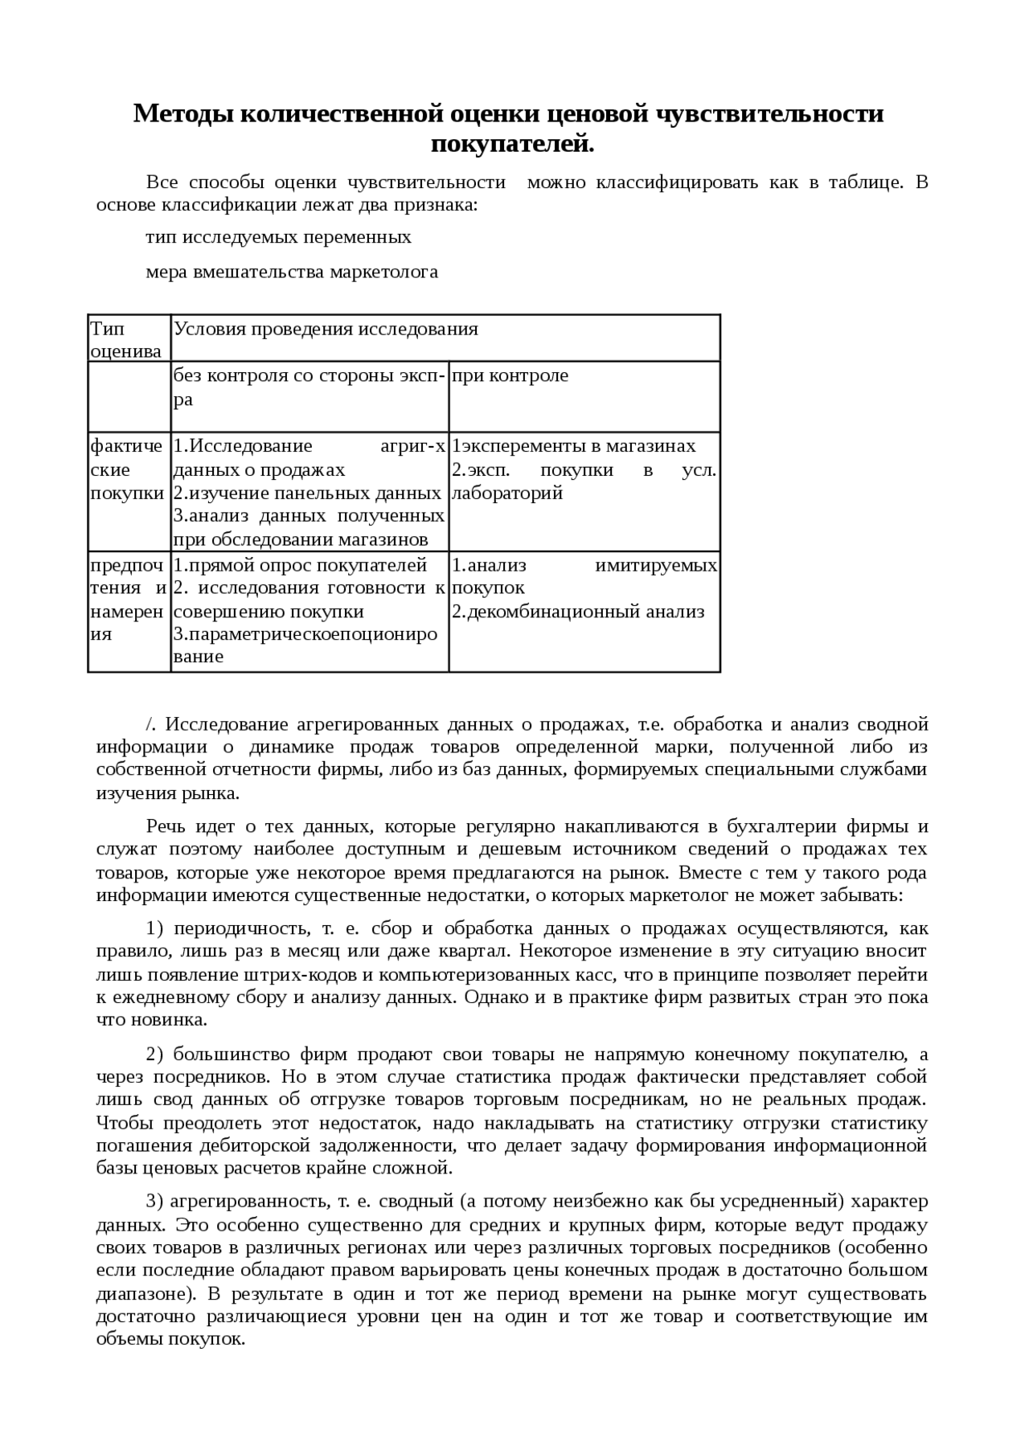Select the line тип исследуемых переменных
click(x=278, y=237)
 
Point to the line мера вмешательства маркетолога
click(x=292, y=272)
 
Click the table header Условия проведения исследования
click(x=326, y=329)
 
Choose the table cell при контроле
click(x=510, y=375)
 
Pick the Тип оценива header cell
click(x=126, y=339)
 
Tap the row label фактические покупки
click(x=127, y=469)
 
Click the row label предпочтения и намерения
click(x=127, y=599)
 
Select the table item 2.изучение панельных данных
click(x=307, y=493)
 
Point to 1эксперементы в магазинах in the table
click(x=573, y=446)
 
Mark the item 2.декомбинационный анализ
click(x=577, y=612)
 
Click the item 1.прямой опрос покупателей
click(x=300, y=565)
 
